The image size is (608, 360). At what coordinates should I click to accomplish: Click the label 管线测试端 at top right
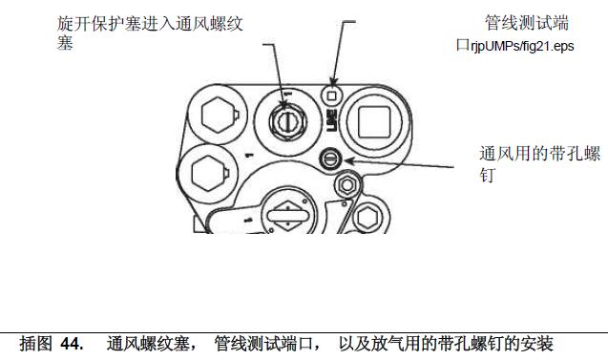[x=527, y=23]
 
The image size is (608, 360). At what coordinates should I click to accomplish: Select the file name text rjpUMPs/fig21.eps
[x=522, y=46]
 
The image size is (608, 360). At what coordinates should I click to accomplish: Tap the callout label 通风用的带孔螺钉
[x=539, y=163]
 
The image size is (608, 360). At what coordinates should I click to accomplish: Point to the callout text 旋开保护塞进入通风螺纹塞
[x=150, y=32]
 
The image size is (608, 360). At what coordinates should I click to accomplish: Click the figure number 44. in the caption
[x=73, y=344]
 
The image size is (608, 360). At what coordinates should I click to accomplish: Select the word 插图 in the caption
[x=36, y=344]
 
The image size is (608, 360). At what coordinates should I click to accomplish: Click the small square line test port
[x=332, y=95]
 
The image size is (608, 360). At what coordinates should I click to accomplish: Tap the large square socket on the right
[x=374, y=122]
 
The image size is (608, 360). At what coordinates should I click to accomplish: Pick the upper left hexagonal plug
[x=219, y=115]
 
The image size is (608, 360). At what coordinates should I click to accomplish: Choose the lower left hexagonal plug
[x=208, y=173]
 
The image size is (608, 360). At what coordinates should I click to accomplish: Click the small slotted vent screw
[x=330, y=159]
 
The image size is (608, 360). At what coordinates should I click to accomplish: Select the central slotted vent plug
[x=287, y=122]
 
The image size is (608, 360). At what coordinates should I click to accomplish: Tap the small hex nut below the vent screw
[x=347, y=185]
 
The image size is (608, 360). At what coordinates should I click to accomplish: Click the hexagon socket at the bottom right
[x=367, y=218]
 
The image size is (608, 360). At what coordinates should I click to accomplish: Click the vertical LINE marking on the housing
[x=332, y=121]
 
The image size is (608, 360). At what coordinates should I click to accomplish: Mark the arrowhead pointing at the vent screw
[x=349, y=160]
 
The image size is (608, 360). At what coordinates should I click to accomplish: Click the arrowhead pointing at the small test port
[x=333, y=80]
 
